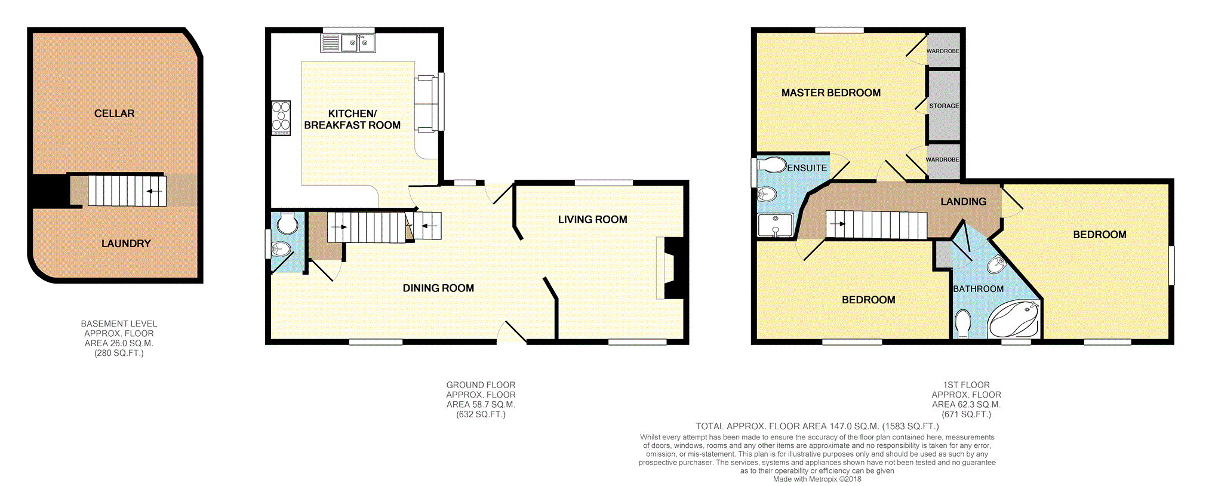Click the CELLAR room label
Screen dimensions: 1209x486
click(114, 113)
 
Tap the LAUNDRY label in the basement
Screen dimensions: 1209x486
click(126, 244)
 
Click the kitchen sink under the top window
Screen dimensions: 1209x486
click(349, 43)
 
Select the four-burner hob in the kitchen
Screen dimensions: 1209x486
click(281, 118)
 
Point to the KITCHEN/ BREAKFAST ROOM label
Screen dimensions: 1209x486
click(352, 119)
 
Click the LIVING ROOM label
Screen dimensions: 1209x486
click(592, 220)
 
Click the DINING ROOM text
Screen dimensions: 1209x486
click(438, 288)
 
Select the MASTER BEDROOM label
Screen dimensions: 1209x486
click(831, 93)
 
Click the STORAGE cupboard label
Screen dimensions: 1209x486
click(944, 106)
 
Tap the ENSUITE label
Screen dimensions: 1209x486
click(807, 168)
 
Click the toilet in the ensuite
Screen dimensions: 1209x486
click(772, 164)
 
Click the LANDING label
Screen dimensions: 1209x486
click(964, 202)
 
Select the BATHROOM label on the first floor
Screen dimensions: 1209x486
click(978, 289)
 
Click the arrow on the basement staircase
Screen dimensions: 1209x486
click(154, 191)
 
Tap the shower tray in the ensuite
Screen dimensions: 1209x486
click(775, 225)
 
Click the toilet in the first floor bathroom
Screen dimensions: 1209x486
click(962, 324)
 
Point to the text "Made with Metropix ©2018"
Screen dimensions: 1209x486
click(817, 479)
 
